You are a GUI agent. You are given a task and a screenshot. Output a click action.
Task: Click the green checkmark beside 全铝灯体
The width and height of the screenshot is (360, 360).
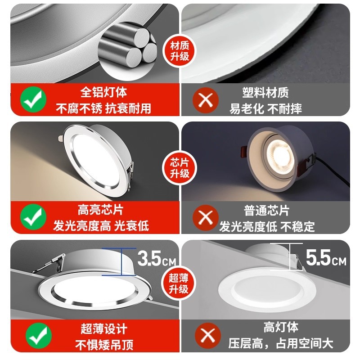coord(33,99)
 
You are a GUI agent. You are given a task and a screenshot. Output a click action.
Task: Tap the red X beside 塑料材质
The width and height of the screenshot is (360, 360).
coord(206,99)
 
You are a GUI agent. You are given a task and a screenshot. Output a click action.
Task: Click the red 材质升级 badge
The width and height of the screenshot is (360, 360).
coord(180,51)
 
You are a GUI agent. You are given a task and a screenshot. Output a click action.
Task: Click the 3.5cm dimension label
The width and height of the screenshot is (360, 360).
coord(156,259)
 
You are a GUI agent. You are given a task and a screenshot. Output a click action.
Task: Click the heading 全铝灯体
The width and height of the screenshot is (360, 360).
coord(103,93)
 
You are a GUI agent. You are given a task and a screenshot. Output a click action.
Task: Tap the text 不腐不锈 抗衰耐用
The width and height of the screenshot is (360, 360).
coord(103,108)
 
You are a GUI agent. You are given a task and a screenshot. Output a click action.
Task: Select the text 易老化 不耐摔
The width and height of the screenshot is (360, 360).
coord(265,108)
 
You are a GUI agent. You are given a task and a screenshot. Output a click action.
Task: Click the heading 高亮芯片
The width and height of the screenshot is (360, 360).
coord(100,210)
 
